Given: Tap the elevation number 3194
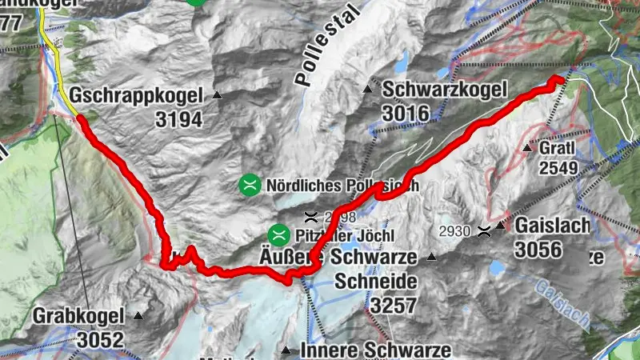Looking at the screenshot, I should tap(181, 120).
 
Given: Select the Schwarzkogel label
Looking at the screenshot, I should tap(437, 90).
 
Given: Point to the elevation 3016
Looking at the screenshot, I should tap(406, 114).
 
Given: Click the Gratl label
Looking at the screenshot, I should tap(558, 150).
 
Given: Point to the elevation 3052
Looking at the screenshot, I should tap(101, 340).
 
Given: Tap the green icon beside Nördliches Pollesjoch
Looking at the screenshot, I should tap(250, 184).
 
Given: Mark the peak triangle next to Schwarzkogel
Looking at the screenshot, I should tap(369, 88).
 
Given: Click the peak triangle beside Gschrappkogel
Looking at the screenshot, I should tap(217, 95).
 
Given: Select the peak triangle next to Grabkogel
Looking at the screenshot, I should tap(139, 315).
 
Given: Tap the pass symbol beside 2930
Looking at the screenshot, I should tap(483, 232).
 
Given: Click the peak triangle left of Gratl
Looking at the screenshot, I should tap(526, 148).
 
